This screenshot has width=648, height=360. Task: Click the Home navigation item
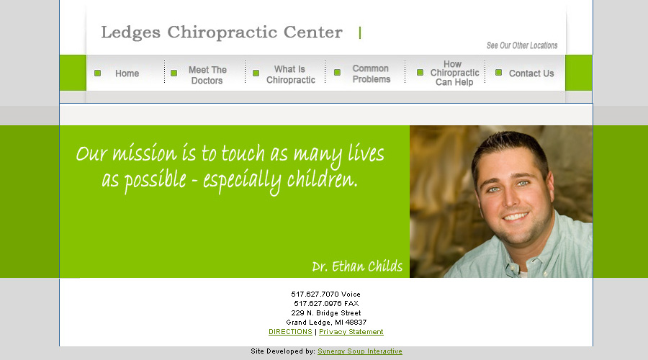point(127,73)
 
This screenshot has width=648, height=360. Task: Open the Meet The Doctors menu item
point(207,75)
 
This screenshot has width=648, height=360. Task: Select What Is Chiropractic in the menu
point(291,74)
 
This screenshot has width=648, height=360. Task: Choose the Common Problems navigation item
point(371,73)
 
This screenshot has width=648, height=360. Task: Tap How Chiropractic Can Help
point(454,73)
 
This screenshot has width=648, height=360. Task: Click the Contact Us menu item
point(531,73)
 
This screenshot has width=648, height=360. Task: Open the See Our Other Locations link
point(522,45)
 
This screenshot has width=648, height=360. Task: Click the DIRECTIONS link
point(290,332)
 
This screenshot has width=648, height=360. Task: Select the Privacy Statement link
point(351,332)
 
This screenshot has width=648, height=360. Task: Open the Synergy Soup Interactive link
point(360,351)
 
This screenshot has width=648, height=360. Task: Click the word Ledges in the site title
point(130,32)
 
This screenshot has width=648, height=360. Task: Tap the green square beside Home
point(97,73)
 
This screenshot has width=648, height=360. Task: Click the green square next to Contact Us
point(499,72)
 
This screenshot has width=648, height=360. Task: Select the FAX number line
point(326,303)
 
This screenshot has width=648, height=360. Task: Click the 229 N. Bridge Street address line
point(326,313)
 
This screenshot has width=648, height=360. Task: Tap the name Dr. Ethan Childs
point(357,266)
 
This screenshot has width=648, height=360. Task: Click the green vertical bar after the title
point(360,32)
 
